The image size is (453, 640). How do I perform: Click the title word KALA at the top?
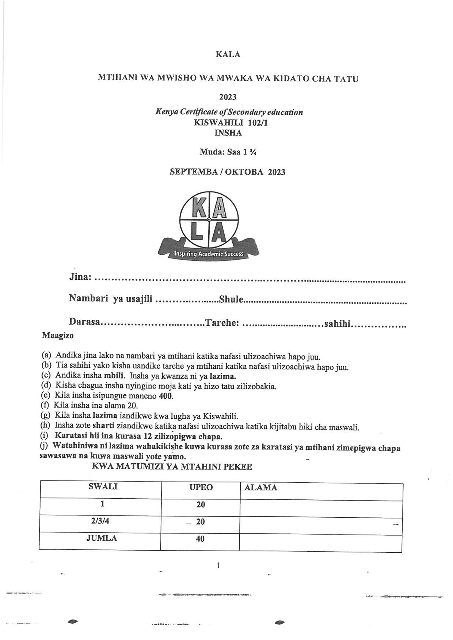click(228, 54)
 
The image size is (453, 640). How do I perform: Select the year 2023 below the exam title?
click(228, 97)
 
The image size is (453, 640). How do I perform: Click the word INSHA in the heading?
click(228, 133)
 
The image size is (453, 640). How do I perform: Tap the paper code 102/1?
click(258, 123)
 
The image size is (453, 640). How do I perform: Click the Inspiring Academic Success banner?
click(209, 254)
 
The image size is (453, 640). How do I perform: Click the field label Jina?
click(80, 277)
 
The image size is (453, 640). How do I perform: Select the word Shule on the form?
click(231, 299)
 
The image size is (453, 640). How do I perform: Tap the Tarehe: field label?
click(222, 323)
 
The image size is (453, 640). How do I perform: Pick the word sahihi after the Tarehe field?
click(337, 323)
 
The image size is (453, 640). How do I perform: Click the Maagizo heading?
click(57, 335)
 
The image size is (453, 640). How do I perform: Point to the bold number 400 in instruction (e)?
click(166, 396)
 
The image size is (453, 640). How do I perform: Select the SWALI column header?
click(103, 487)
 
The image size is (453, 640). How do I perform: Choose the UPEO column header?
click(201, 487)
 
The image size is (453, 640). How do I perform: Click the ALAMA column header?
click(260, 488)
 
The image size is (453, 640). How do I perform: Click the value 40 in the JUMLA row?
click(200, 539)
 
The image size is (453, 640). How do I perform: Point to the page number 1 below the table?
click(218, 566)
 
